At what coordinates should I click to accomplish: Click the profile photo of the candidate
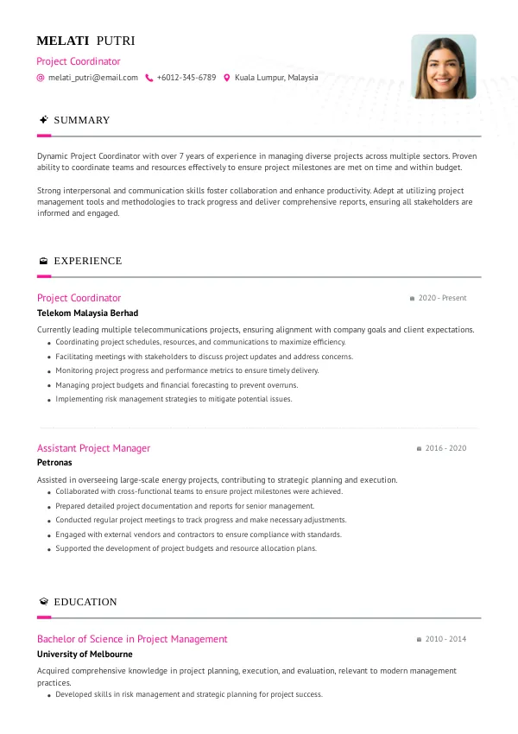click(x=443, y=67)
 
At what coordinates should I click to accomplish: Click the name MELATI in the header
click(x=63, y=41)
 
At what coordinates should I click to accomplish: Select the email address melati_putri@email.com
click(x=92, y=78)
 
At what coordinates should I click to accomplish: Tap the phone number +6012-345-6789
click(x=186, y=78)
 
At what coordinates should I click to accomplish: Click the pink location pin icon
click(x=227, y=78)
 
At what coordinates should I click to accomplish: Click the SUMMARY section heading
click(x=82, y=120)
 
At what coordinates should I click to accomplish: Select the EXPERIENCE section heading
click(x=87, y=261)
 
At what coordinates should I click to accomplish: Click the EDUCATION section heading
click(x=85, y=602)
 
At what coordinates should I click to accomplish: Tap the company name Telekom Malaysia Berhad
click(x=87, y=313)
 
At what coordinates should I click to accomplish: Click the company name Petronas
click(x=54, y=463)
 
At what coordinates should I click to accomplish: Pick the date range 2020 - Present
click(x=442, y=298)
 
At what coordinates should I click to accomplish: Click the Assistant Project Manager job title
click(x=93, y=448)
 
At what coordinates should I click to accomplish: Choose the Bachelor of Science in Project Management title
click(x=132, y=639)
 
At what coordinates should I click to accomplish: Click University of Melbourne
click(x=85, y=655)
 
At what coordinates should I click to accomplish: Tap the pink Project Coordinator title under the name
click(x=79, y=61)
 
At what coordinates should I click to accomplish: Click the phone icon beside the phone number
click(x=149, y=78)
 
